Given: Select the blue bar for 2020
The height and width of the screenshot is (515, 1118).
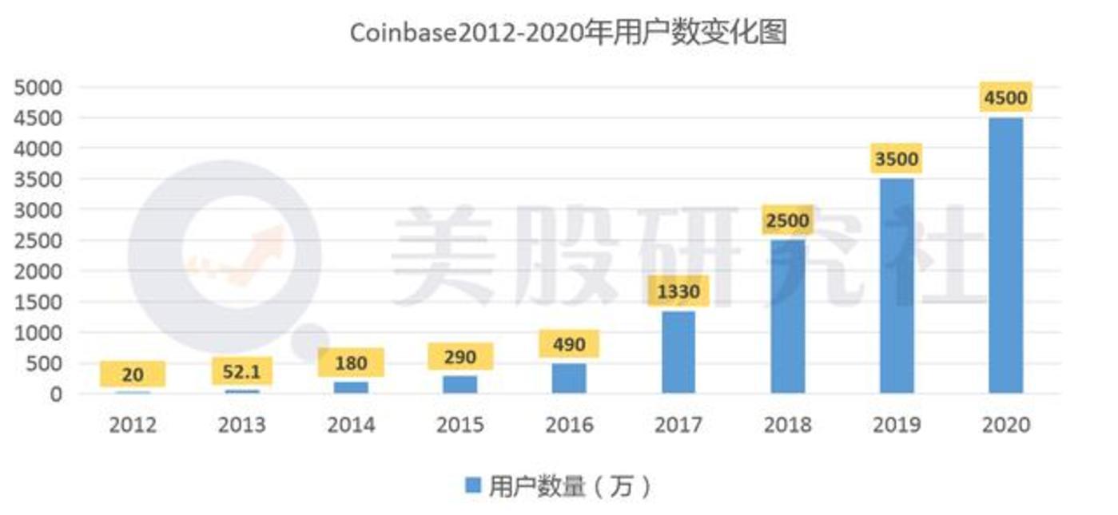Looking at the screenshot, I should tap(1005, 256).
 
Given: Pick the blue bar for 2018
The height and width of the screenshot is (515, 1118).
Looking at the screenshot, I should tap(788, 316).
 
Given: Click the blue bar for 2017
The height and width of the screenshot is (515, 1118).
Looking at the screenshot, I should tap(678, 352).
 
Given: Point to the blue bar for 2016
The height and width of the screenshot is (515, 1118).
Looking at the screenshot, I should tap(569, 378).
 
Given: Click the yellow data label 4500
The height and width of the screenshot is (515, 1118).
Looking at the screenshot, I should tap(1005, 98).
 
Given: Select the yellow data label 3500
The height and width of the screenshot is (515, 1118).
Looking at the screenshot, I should tap(896, 159).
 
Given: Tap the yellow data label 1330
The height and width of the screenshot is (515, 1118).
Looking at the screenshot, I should tap(678, 292).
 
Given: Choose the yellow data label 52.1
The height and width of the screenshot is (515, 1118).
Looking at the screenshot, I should tap(241, 371).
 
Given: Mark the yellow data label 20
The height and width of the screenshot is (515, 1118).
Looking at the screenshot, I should tap(133, 374).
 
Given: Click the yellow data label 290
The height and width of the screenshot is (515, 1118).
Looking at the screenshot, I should tap(460, 357).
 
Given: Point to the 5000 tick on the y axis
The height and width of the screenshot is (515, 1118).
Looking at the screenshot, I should tap(38, 87).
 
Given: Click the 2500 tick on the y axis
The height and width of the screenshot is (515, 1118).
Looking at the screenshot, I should tap(38, 240).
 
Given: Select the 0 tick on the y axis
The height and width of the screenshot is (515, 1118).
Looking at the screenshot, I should tap(55, 394).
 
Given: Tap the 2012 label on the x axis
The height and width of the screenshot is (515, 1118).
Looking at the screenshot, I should tap(133, 425).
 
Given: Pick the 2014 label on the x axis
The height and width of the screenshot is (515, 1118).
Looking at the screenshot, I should tap(351, 425).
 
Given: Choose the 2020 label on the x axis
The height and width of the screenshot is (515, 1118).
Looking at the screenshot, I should tap(1005, 425).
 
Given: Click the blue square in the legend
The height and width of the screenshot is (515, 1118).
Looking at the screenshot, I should tap(473, 485).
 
